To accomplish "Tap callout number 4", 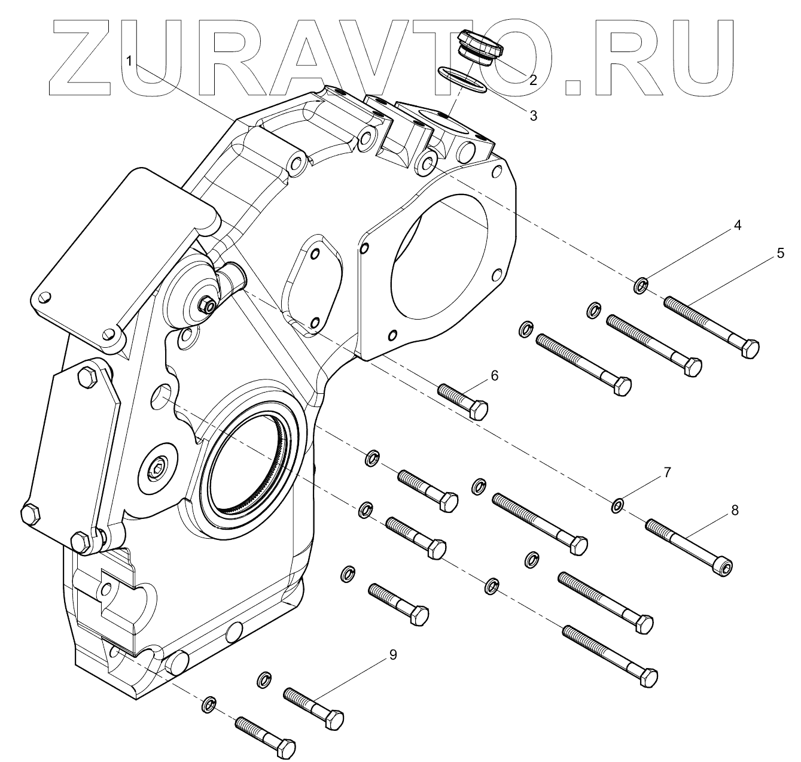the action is tap(737, 226).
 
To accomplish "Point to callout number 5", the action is tap(780, 253).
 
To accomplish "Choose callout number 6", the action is tap(494, 375).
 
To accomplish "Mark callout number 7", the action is tap(667, 472).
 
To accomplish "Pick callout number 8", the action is tap(735, 510).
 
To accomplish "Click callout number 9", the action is tap(392, 655).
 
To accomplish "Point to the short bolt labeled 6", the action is tap(463, 400).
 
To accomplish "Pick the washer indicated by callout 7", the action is tap(618, 506).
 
